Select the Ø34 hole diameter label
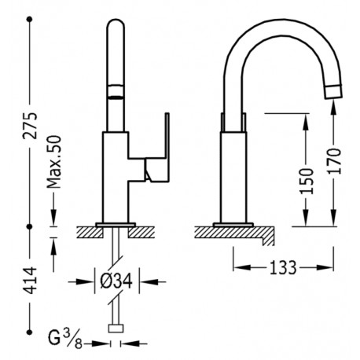[x=116, y=280]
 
